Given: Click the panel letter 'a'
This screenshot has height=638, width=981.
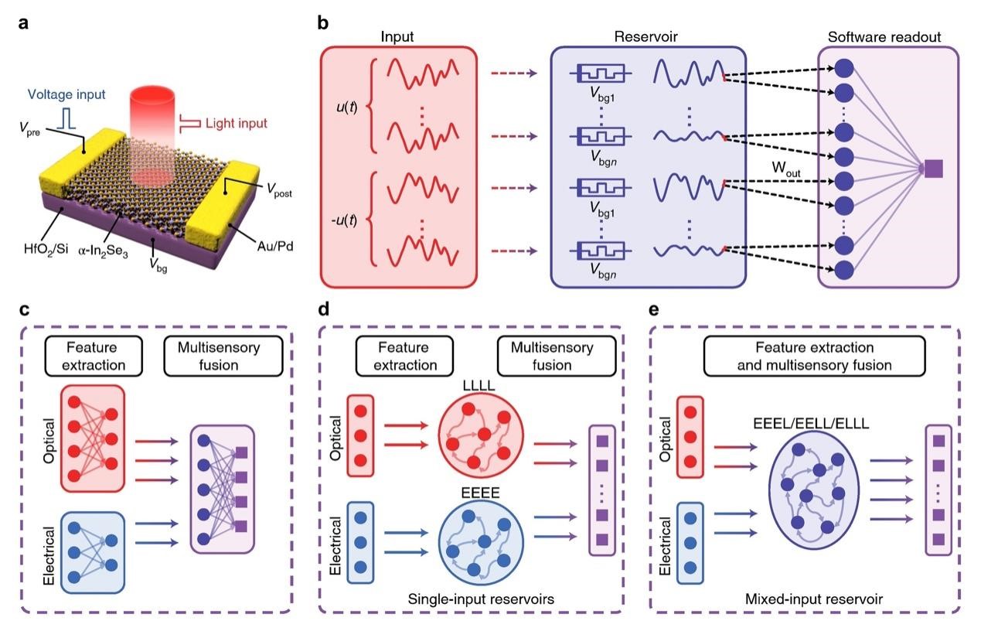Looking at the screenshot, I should click(x=25, y=22).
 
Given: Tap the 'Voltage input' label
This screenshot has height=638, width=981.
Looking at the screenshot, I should click(x=66, y=96).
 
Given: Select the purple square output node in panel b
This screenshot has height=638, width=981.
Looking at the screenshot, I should click(x=934, y=168).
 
